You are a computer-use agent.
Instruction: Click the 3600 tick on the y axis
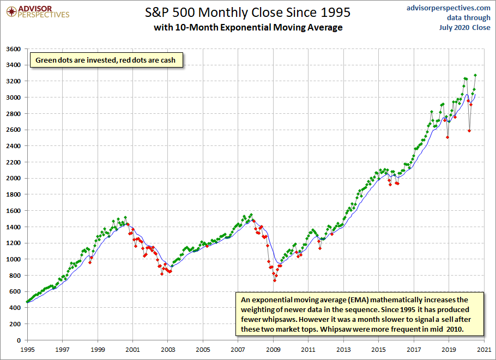click(x=14, y=49)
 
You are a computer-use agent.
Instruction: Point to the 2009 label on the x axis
click(x=273, y=350)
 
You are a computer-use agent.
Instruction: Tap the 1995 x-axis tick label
click(x=27, y=350)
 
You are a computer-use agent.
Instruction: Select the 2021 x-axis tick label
click(x=484, y=350)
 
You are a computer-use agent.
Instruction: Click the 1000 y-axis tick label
click(x=14, y=259)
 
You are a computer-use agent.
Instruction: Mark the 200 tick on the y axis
click(x=15, y=324)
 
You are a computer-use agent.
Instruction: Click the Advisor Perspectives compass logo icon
click(x=11, y=12)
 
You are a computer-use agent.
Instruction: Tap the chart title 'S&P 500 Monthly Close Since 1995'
click(x=247, y=13)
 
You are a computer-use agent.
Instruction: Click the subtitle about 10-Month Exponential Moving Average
click(x=248, y=27)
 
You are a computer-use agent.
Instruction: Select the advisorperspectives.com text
click(x=448, y=8)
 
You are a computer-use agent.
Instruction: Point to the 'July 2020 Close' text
click(x=465, y=27)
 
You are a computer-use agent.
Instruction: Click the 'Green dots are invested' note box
click(x=106, y=60)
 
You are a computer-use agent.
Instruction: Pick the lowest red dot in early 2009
click(x=275, y=280)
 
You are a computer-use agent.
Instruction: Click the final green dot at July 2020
click(x=475, y=75)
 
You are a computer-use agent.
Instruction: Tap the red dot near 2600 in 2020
click(x=469, y=131)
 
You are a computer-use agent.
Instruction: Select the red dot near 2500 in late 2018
click(x=447, y=137)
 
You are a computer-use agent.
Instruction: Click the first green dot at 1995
click(x=27, y=302)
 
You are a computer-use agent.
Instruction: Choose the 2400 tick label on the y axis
click(x=14, y=146)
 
